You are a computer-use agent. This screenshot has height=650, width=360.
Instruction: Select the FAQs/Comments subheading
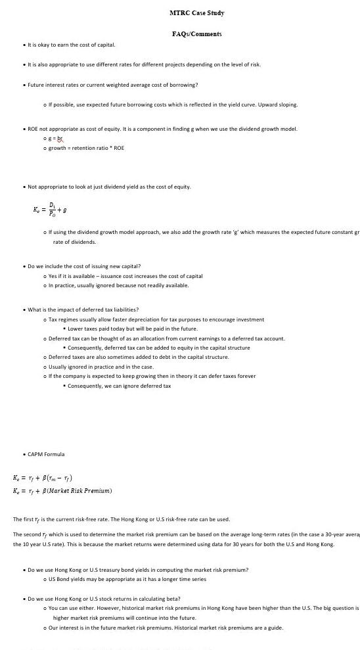click(196, 34)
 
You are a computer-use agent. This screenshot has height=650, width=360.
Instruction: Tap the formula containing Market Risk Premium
click(62, 490)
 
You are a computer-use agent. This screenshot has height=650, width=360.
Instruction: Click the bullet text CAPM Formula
click(46, 454)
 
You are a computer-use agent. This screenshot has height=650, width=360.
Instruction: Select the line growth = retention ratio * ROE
click(86, 148)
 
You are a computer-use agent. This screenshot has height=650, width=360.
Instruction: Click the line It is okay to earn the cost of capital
click(70, 45)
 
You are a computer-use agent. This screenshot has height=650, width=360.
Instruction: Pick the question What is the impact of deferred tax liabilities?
click(83, 310)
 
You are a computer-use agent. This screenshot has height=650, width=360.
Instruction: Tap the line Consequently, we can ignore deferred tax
click(119, 386)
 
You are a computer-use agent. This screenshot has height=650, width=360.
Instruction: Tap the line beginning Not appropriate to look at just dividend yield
click(109, 187)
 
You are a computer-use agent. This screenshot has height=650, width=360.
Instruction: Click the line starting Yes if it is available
click(125, 276)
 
